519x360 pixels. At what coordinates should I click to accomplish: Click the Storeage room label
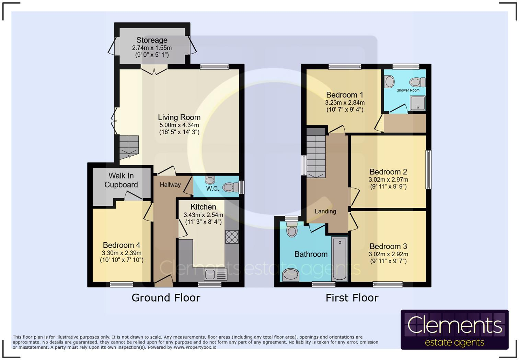point(152,40)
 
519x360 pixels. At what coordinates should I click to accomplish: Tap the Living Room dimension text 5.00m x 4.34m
point(179,125)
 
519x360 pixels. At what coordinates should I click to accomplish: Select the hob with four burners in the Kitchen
point(232,237)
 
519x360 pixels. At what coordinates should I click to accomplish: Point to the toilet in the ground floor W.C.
point(230,188)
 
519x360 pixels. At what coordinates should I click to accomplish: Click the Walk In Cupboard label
point(121,180)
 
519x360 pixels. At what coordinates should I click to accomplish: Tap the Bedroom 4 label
point(122,245)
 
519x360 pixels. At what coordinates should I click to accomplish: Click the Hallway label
point(170,185)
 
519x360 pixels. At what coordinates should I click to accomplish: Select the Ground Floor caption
point(166,297)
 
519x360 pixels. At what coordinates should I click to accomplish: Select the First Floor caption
point(352,297)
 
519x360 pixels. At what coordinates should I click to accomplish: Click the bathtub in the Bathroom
point(339,258)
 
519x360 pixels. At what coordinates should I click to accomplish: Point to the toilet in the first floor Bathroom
point(292,229)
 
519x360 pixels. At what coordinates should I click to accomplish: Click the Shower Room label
point(408,90)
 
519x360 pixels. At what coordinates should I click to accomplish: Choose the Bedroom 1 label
point(345,95)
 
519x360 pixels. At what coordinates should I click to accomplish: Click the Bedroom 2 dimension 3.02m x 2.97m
point(388,180)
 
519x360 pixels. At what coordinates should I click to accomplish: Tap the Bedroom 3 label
point(388,246)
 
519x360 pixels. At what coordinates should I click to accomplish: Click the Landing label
point(325,211)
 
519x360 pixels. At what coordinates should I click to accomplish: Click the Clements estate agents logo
point(454,330)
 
